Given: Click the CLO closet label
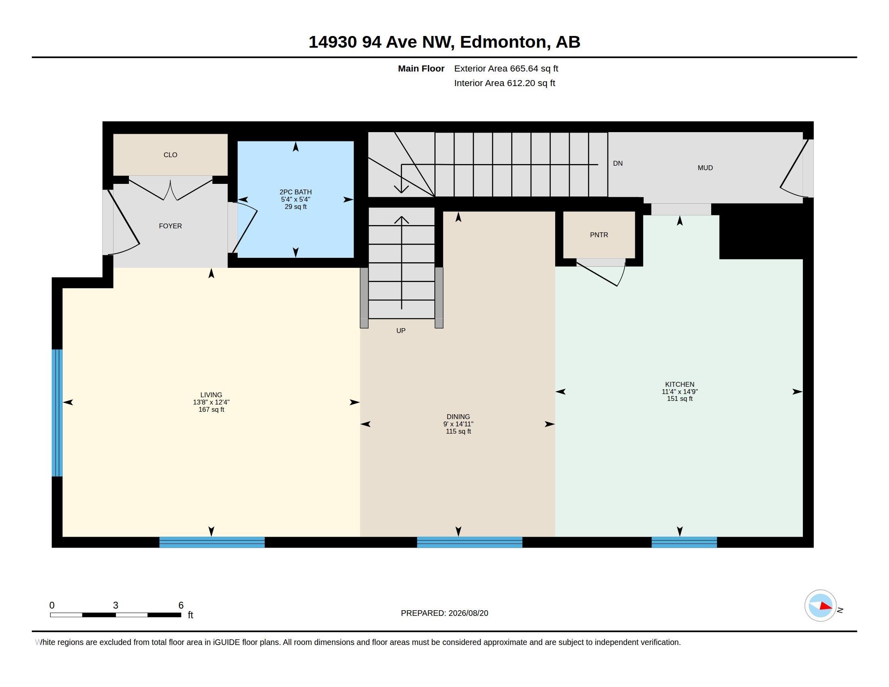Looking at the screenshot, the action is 170,155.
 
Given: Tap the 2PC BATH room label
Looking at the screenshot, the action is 295,192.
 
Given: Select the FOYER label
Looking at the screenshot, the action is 170,226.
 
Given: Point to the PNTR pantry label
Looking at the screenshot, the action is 599,235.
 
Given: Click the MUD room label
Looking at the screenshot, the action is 705,168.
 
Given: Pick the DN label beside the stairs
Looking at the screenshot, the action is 617,163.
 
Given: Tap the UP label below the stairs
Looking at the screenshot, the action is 401,331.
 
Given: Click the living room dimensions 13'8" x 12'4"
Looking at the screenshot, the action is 211,402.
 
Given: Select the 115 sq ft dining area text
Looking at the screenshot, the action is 458,432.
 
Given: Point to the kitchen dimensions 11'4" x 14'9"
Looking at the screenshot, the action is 680,392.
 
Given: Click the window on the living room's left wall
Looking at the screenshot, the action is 57,413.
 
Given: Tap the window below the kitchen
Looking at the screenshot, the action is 684,542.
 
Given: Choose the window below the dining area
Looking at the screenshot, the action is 469,542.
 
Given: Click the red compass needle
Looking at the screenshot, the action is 826,606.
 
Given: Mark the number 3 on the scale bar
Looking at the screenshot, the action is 116,605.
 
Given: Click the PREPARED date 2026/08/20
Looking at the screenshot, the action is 468,613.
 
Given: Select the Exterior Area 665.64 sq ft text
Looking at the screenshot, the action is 506,68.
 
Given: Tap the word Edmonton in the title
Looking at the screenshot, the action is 503,42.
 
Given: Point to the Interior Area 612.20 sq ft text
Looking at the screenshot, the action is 504,83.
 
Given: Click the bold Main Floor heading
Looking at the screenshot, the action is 421,68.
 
